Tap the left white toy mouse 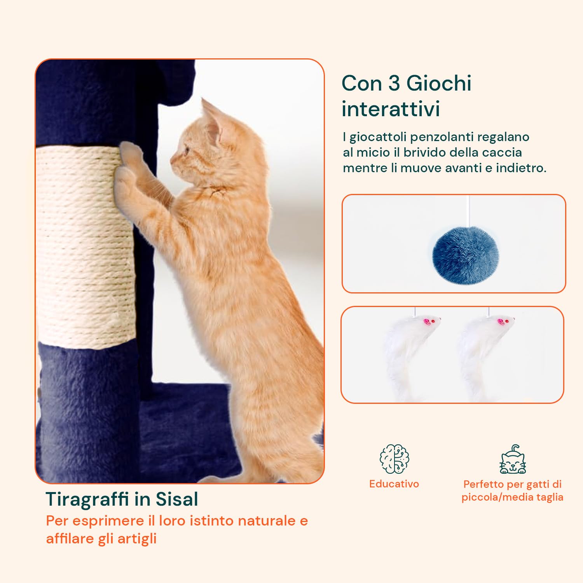[x=404, y=350]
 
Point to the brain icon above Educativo [x=394, y=459]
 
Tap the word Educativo [x=394, y=484]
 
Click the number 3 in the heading [x=394, y=83]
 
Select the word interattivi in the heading [x=391, y=109]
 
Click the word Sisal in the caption [x=177, y=499]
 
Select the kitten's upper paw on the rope [x=130, y=152]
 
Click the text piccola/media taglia [x=512, y=497]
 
